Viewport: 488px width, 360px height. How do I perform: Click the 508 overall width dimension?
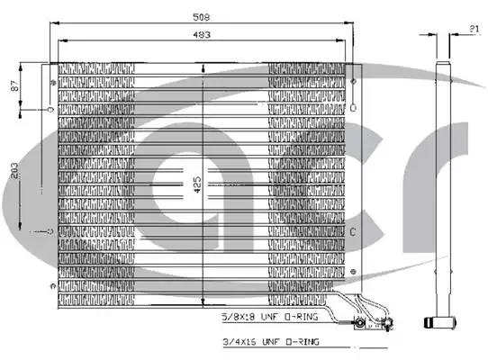click(202, 17)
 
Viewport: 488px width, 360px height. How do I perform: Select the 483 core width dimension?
click(202, 34)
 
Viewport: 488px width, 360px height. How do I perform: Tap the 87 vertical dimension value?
click(14, 85)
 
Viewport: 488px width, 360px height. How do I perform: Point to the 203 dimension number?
click(14, 170)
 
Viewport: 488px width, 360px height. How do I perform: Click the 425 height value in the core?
click(197, 184)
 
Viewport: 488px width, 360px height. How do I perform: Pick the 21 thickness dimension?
click(474, 29)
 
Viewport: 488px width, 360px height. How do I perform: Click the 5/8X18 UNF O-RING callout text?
click(270, 317)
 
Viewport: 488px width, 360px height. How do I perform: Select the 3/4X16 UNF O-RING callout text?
click(271, 342)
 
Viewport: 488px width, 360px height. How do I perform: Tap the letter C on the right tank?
click(353, 232)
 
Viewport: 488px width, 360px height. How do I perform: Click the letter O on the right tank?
click(353, 108)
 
